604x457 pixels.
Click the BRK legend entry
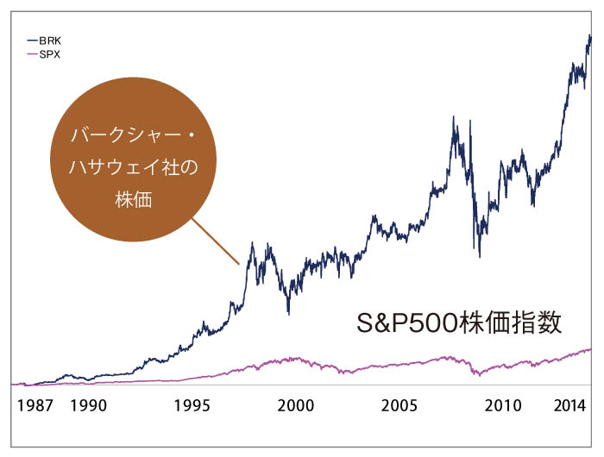[x=49, y=41]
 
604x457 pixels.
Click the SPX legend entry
[x=49, y=53]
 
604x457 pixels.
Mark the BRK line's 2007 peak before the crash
[x=454, y=117]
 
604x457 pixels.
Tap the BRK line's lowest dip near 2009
[x=479, y=256]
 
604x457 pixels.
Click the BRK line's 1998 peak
[x=252, y=243]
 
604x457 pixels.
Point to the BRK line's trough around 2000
[x=289, y=313]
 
